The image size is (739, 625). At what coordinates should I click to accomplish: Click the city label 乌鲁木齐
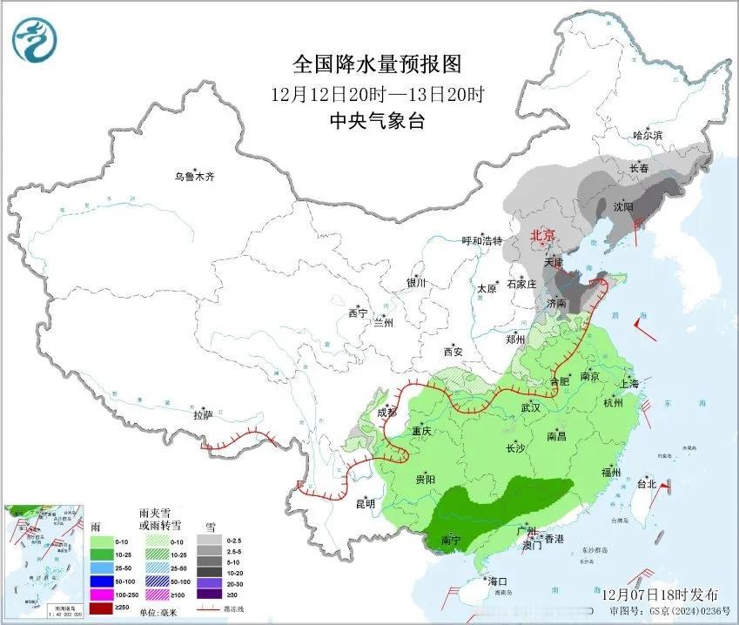193,177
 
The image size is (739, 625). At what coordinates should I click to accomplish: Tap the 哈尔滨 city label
648,136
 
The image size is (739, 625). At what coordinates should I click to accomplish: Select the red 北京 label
543,235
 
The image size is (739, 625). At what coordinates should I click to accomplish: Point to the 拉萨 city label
203,415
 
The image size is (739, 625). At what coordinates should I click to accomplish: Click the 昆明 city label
365,503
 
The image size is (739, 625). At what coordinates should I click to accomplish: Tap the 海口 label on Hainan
497,581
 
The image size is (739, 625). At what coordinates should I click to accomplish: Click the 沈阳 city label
623,206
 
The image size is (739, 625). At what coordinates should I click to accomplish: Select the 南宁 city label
451,541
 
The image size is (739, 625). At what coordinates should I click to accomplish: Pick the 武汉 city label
530,407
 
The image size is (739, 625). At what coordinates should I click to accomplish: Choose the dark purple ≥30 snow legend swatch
209,593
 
